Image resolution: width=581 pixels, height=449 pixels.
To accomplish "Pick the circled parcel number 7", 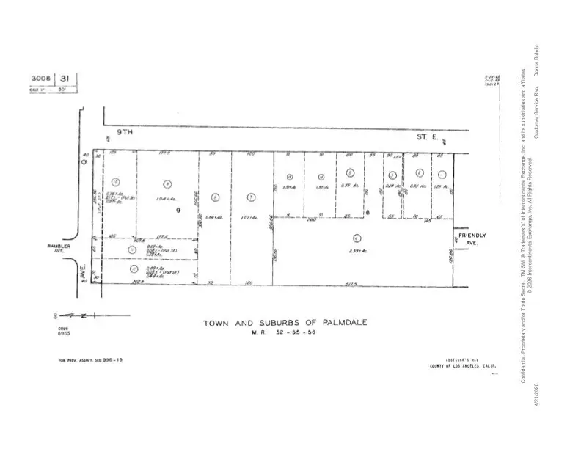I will [251, 197].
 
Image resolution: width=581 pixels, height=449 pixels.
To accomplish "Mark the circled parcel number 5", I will [351, 172].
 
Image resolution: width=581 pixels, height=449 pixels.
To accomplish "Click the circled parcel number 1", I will [442, 175].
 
